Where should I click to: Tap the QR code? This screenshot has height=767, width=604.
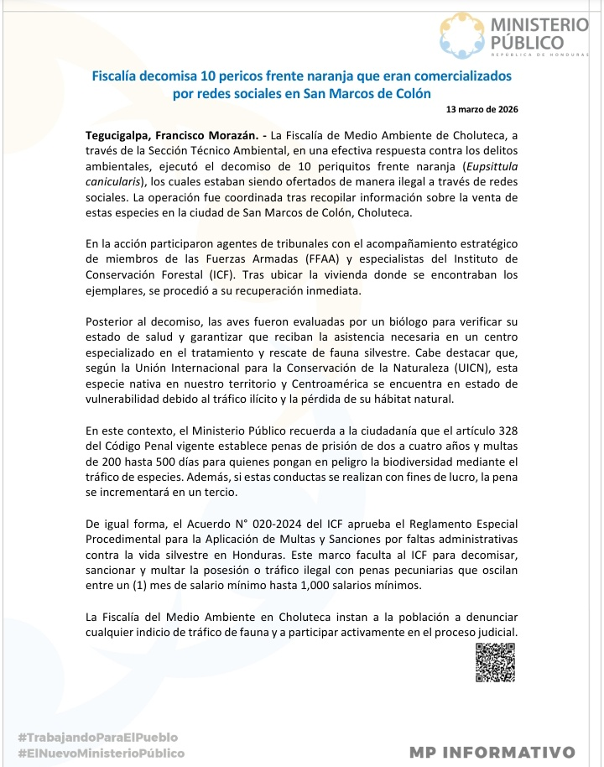coord(495,662)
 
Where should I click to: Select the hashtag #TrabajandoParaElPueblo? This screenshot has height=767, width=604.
coord(98,737)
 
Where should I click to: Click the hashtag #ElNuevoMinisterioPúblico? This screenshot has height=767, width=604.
coord(101,753)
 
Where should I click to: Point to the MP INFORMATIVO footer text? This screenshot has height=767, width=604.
coord(492,752)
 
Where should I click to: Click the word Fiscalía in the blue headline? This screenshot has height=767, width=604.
coord(120,76)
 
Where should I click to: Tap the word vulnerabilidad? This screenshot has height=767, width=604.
coord(128,399)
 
